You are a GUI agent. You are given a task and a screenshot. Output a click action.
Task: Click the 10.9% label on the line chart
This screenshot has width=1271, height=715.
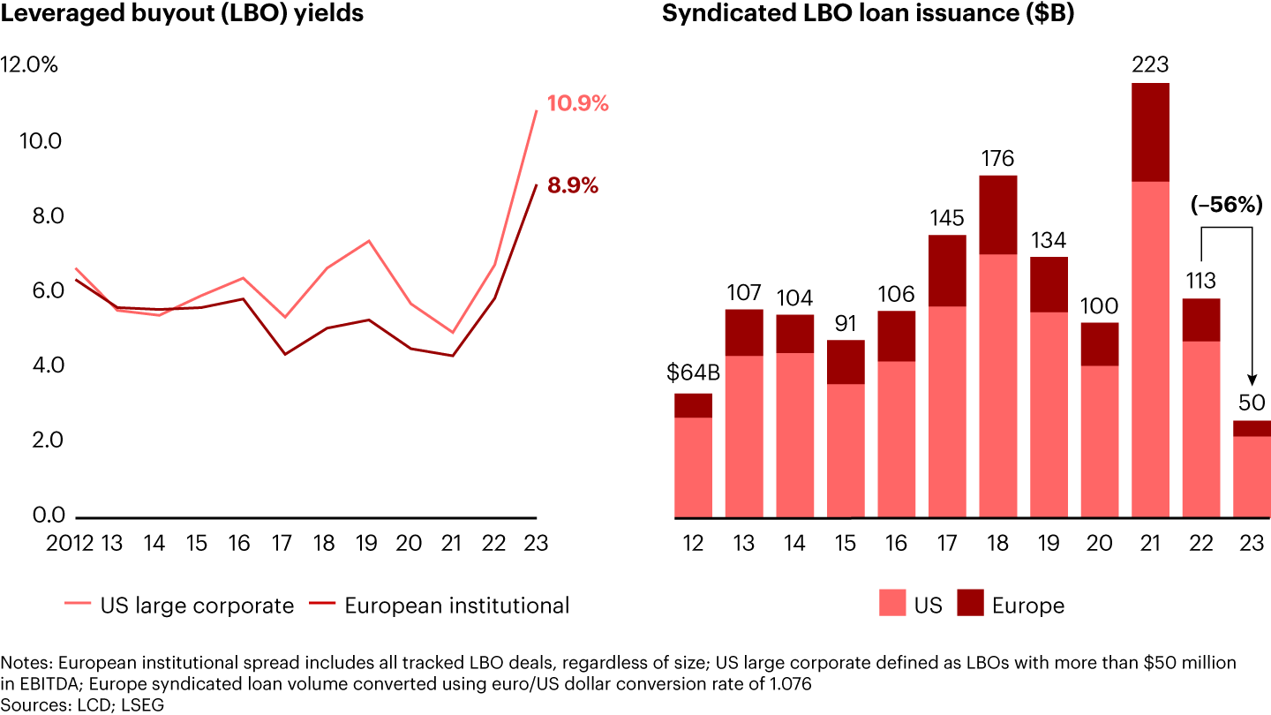[578, 103]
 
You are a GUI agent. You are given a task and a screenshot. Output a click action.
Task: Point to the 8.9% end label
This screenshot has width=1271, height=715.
[573, 186]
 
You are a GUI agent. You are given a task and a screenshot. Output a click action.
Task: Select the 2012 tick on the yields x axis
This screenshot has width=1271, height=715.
[71, 542]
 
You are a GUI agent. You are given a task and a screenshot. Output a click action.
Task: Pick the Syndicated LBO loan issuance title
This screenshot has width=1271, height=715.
[868, 15]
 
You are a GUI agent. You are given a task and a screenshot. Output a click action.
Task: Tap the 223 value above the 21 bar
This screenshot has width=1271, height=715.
[1150, 65]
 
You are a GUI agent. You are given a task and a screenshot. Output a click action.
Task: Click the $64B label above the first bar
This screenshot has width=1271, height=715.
[694, 373]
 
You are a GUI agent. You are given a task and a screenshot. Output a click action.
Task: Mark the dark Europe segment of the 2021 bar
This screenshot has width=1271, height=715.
[1150, 132]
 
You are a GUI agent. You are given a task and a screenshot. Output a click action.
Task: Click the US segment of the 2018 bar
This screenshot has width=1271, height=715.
[997, 385]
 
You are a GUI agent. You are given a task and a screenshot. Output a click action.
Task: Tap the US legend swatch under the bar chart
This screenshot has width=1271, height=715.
[891, 605]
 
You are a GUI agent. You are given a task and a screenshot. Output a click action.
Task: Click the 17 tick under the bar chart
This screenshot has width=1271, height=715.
[947, 542]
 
